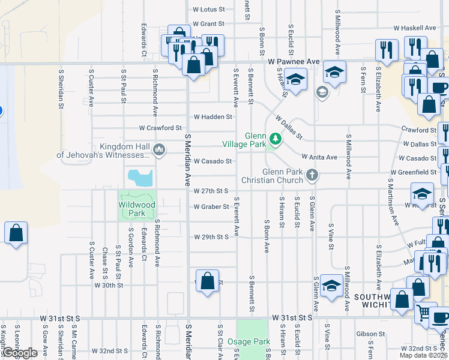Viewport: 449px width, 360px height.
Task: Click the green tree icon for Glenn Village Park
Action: [276, 139]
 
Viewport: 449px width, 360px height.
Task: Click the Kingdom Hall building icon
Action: [159, 149]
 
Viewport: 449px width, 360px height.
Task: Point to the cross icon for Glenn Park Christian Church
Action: [311, 175]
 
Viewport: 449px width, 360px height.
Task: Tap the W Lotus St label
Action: [208, 10]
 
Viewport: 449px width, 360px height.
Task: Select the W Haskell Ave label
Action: [414, 28]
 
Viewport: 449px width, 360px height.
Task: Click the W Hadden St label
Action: [212, 117]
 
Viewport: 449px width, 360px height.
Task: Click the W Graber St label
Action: [211, 207]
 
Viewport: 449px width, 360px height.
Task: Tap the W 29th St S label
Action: [211, 237]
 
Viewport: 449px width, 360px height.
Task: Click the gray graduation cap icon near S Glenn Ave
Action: [322, 92]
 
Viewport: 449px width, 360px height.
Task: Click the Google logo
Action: [20, 353]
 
